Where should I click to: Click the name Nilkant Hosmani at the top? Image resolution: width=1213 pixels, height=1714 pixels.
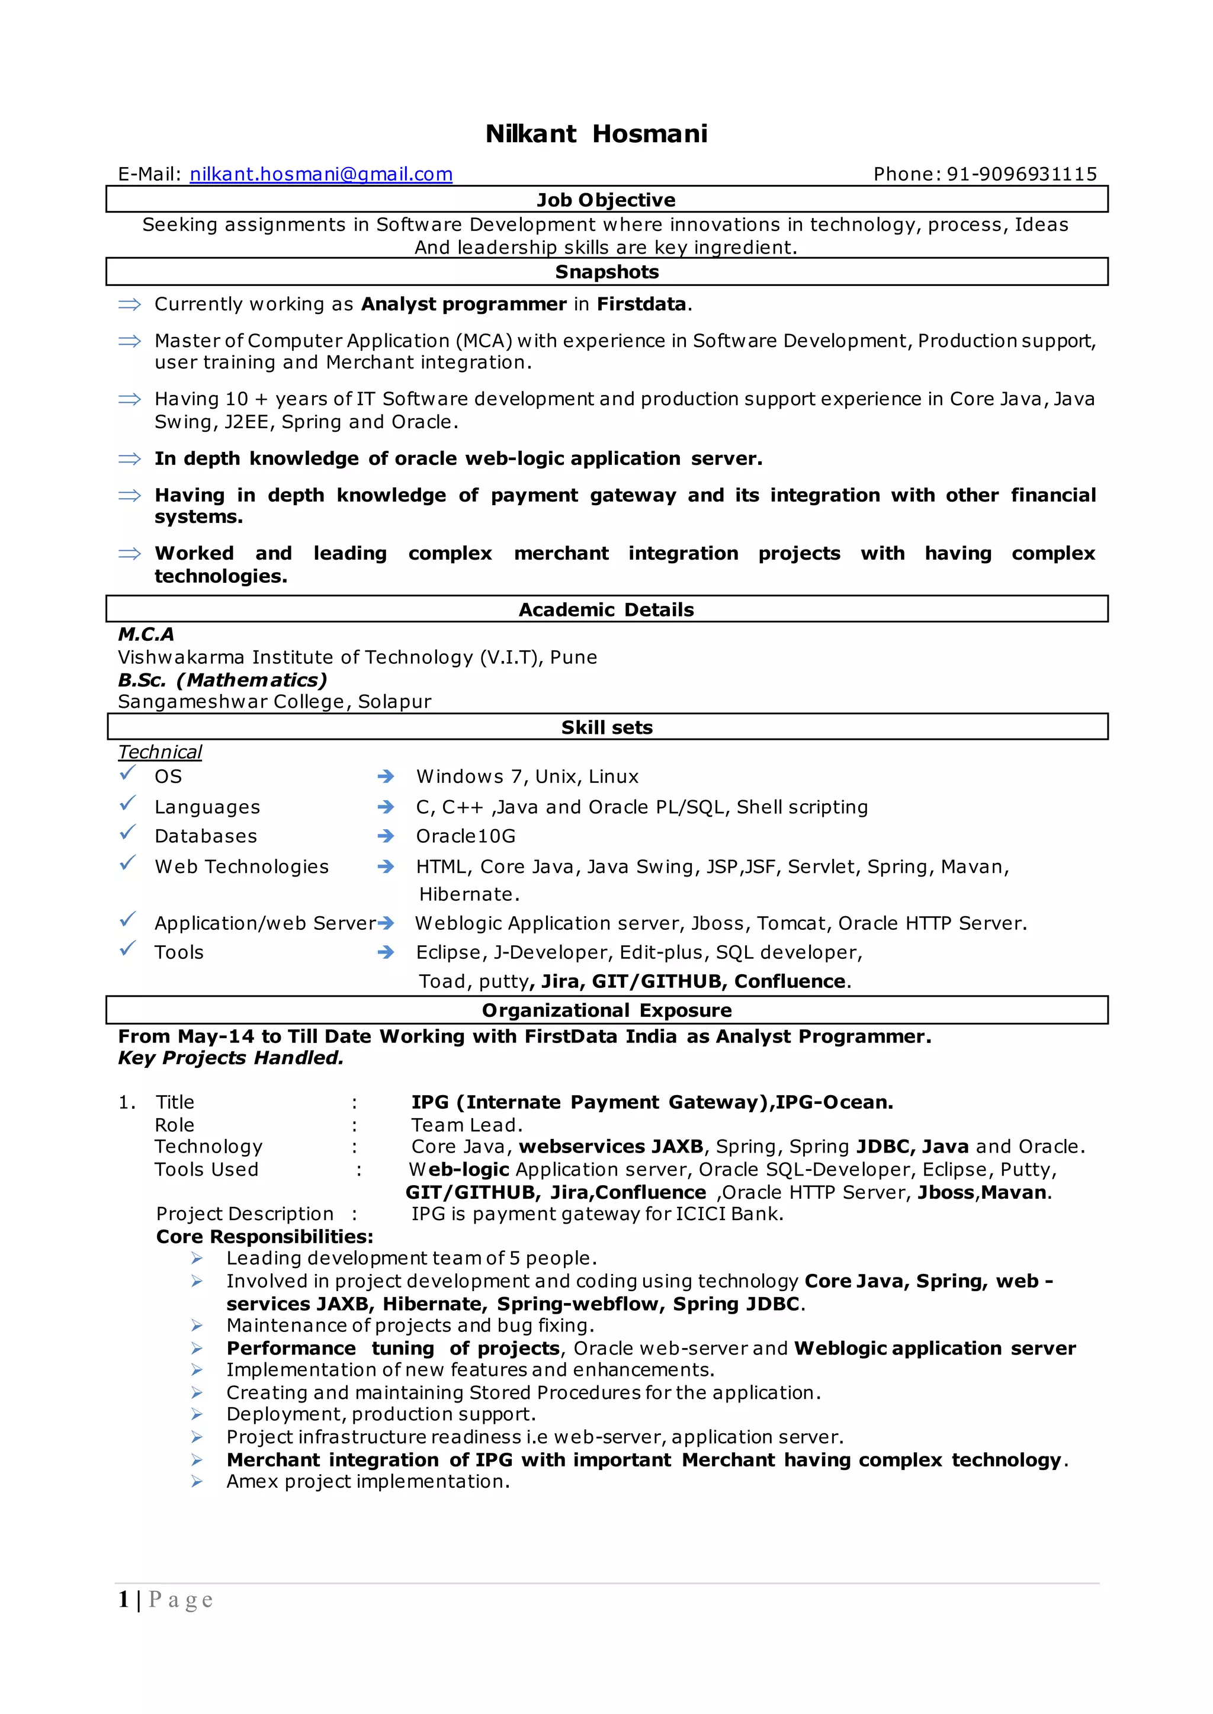[596, 134]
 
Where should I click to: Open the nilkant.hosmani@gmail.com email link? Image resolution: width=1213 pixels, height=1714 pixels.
[321, 174]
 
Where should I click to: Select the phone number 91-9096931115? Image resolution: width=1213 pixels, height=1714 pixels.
[1022, 174]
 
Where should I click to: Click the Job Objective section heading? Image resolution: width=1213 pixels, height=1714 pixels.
[606, 200]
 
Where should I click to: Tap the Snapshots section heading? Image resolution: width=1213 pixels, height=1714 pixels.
[606, 272]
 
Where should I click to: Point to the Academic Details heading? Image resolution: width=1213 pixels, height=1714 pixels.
[606, 609]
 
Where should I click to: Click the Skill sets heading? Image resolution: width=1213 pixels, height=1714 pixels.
[606, 727]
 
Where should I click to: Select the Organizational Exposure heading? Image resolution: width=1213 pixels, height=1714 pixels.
[606, 1010]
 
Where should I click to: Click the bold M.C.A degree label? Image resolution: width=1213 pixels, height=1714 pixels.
[146, 634]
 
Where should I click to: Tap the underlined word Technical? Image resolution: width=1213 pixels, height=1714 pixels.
[160, 752]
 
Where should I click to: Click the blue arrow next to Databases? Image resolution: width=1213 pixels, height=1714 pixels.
[386, 836]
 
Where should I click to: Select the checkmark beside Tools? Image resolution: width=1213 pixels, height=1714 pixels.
[128, 948]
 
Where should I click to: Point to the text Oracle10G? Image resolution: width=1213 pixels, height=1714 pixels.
[466, 836]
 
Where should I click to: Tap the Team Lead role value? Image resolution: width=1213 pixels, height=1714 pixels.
[467, 1125]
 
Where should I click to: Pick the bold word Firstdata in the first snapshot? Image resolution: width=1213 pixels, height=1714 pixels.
[641, 304]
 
